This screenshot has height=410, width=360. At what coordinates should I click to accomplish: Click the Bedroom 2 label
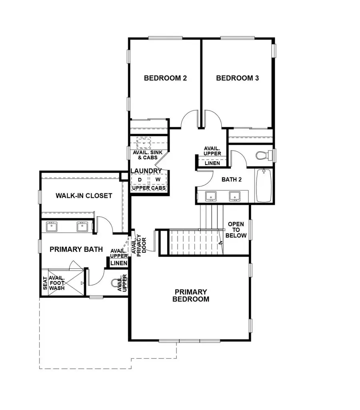165,78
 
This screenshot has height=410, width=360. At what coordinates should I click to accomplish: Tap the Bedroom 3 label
237,78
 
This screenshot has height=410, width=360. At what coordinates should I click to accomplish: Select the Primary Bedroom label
191,295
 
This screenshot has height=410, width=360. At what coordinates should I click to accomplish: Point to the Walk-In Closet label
84,196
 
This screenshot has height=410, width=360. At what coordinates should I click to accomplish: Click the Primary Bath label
76,249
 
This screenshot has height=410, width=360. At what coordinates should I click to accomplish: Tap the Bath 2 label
232,179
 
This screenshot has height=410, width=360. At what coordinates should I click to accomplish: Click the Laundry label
146,171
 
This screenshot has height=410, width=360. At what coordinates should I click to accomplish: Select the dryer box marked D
140,180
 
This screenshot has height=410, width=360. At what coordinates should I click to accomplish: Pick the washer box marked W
158,180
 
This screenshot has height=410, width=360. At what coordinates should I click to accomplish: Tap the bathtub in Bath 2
263,185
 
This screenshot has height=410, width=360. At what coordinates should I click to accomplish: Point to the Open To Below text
236,230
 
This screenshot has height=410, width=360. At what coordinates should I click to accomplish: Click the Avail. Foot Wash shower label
57,283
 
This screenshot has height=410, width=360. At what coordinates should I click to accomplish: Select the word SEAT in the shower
44,283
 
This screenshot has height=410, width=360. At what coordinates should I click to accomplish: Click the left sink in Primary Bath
52,227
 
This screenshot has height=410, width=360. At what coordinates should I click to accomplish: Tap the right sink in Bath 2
234,196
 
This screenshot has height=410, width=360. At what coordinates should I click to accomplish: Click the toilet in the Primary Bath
120,285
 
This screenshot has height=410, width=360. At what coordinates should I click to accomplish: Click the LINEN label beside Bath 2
212,163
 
